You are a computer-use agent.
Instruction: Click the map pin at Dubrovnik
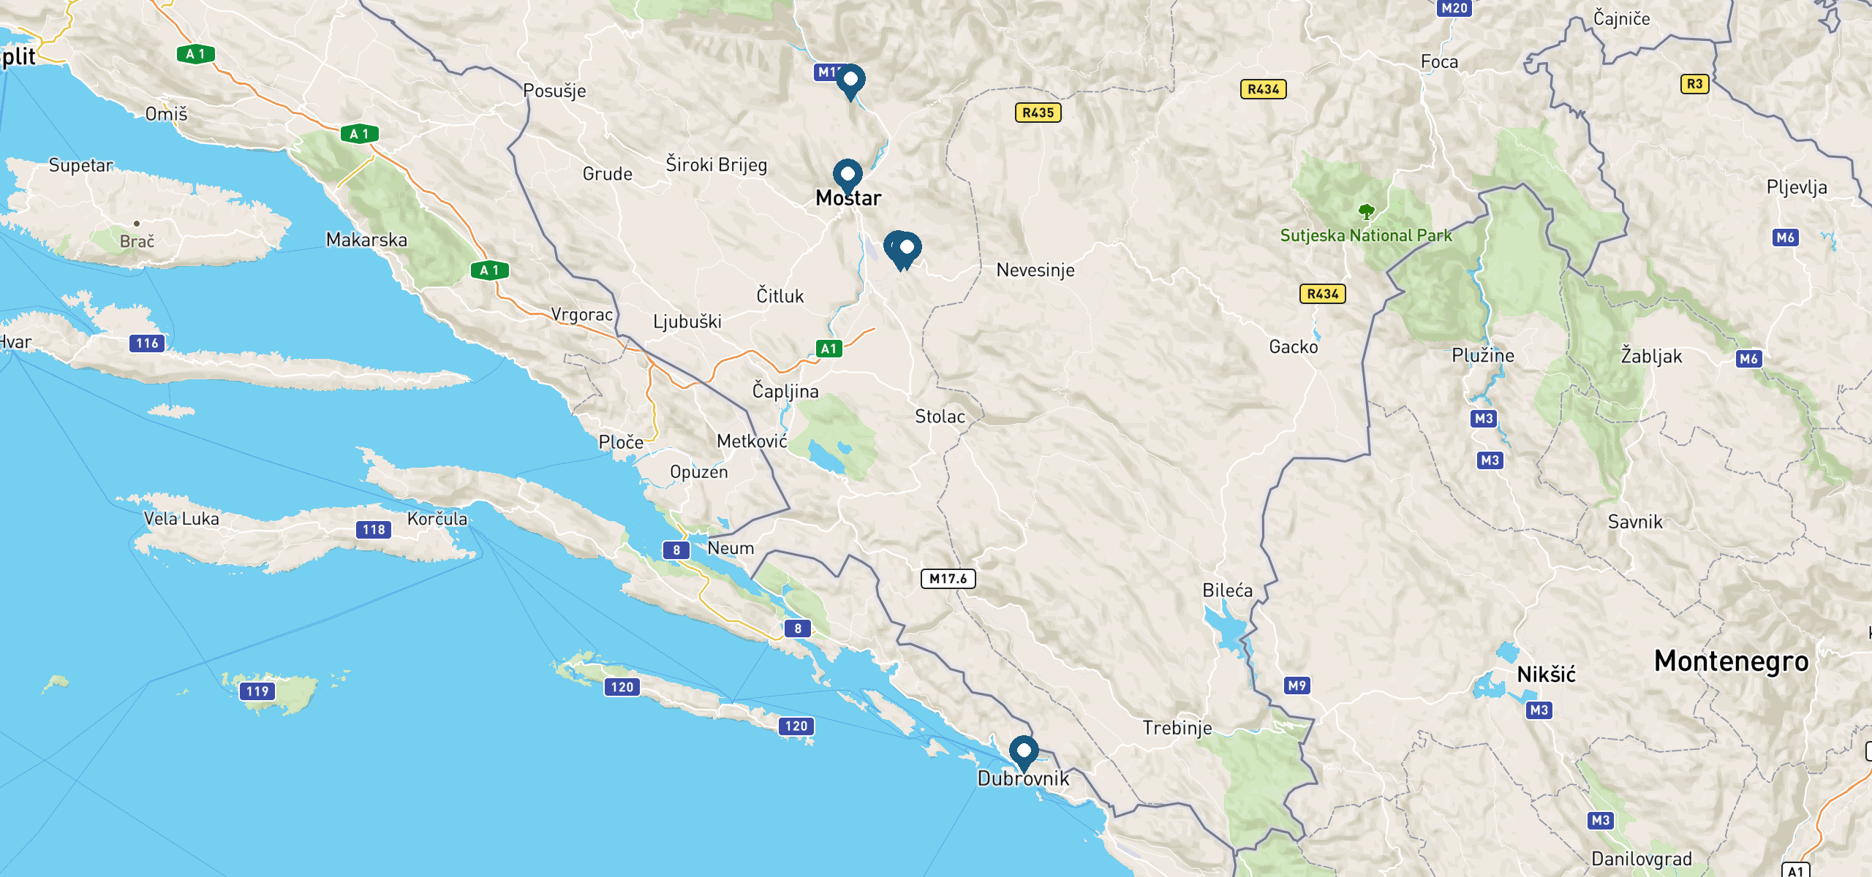click(x=1024, y=752)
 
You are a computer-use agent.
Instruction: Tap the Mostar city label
click(x=848, y=198)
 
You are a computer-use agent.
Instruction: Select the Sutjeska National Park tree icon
click(x=1366, y=212)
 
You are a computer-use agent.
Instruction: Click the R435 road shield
click(x=1038, y=113)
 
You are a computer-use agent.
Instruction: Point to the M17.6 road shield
click(x=948, y=579)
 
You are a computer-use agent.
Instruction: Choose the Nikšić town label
click(x=1546, y=674)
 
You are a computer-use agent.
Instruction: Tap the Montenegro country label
click(x=1731, y=661)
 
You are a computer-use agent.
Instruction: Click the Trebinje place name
click(x=1177, y=728)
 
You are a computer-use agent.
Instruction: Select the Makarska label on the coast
click(x=366, y=240)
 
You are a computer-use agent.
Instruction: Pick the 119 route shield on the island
click(x=257, y=691)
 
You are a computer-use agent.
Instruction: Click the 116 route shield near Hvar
click(x=147, y=343)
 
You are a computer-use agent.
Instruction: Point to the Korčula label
click(x=437, y=519)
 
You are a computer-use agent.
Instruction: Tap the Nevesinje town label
click(x=1035, y=270)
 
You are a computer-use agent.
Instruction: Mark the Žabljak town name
click(x=1651, y=356)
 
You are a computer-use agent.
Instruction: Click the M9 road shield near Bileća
click(x=1297, y=686)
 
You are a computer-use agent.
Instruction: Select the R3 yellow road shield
click(x=1694, y=84)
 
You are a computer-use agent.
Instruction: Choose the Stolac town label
click(x=940, y=417)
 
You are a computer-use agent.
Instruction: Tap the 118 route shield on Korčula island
click(x=374, y=530)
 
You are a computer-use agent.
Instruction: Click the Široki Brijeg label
click(x=716, y=164)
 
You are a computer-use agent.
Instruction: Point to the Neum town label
click(x=731, y=548)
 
